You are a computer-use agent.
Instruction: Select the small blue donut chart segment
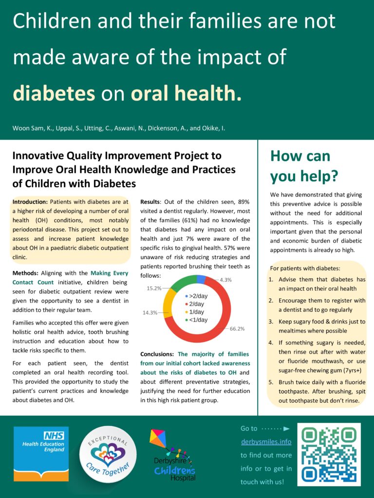[x=201, y=279]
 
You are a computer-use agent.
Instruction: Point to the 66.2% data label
[x=237, y=329]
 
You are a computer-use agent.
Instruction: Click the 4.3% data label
[x=225, y=280]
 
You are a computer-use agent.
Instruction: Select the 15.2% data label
[x=154, y=288]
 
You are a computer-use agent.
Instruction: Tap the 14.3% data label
[x=150, y=312]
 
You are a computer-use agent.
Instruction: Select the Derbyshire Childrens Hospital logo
[x=171, y=455]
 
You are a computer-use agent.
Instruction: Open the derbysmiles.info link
[x=266, y=442]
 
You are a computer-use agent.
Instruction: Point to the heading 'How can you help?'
[x=303, y=165]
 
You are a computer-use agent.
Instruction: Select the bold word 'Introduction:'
[x=30, y=202]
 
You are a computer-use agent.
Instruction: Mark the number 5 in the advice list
[x=271, y=382]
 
